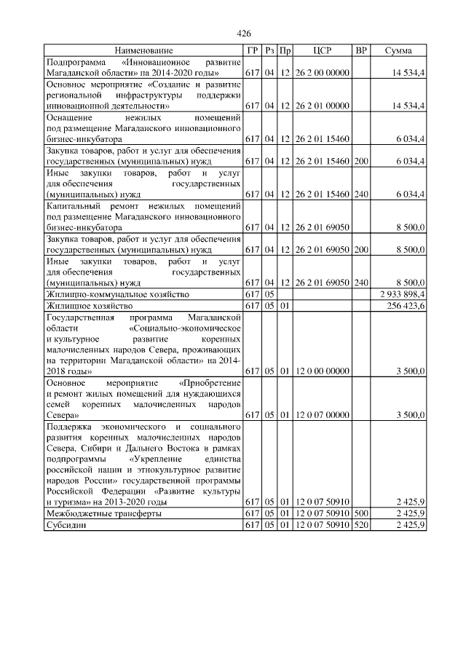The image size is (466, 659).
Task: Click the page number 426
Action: click(x=245, y=34)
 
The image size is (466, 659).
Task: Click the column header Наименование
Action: click(x=143, y=50)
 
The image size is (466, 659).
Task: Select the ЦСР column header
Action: click(x=323, y=50)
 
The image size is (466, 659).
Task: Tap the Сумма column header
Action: click(x=398, y=50)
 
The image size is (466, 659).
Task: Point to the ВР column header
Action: click(x=360, y=50)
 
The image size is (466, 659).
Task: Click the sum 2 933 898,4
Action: click(x=403, y=293)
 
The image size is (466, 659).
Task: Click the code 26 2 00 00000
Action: click(x=323, y=73)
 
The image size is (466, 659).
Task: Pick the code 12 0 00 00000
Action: click(x=323, y=371)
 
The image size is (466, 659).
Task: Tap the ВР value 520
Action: click(x=360, y=525)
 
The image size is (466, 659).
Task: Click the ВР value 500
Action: click(x=360, y=514)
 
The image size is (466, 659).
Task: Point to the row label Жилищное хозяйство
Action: click(x=90, y=305)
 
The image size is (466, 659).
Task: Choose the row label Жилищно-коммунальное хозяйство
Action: click(x=117, y=293)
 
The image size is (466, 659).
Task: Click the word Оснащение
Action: click(x=70, y=117)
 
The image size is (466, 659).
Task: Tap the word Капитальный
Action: click(x=73, y=207)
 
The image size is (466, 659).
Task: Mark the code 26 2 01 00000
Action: click(x=323, y=106)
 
